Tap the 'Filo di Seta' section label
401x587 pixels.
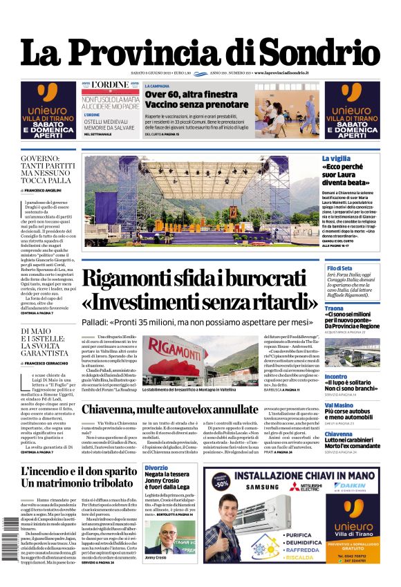tap(359, 268)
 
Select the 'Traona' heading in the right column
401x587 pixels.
tap(353, 308)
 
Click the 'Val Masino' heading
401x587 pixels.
tap(358, 406)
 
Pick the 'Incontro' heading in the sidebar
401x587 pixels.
tap(355, 377)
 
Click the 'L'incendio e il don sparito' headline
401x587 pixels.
tap(79, 472)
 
